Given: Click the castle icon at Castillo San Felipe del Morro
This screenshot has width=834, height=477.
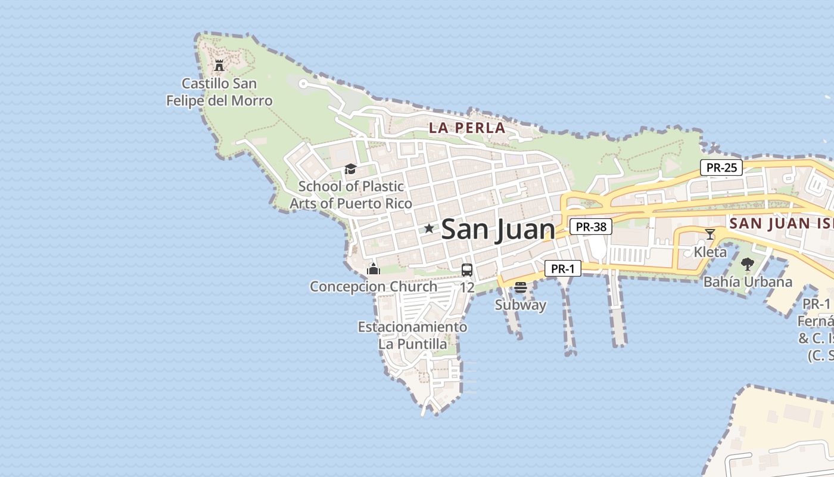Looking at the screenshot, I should (x=219, y=65).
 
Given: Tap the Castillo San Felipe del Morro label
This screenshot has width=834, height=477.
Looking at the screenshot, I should (x=219, y=92).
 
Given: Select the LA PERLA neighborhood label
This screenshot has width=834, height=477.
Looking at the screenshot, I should (x=467, y=128).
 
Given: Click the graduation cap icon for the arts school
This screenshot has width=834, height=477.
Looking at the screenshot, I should (x=350, y=169).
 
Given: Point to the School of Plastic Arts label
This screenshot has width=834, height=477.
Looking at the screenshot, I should (x=351, y=195).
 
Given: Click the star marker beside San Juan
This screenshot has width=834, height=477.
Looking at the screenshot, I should (x=429, y=228).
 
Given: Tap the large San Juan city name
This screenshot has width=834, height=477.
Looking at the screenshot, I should (x=498, y=230).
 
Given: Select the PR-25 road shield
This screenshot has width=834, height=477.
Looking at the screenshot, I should (x=721, y=168).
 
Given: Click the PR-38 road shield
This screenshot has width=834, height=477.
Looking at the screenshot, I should (x=591, y=227).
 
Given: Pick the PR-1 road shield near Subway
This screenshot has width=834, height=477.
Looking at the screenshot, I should (x=562, y=269).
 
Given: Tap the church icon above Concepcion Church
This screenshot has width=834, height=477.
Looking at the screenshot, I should (x=374, y=269).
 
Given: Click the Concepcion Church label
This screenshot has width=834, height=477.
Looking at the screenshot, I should (x=374, y=287).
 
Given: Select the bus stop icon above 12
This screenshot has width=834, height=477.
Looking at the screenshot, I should (x=467, y=270).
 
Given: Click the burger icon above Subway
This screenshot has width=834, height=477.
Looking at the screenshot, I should (x=521, y=287).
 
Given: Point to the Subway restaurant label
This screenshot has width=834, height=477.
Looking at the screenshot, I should (x=521, y=305).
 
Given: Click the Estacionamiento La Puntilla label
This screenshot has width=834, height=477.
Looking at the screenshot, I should (x=412, y=336).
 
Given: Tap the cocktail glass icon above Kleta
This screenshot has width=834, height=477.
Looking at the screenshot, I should (x=709, y=234).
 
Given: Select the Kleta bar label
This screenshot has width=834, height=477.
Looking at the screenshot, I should (x=710, y=252).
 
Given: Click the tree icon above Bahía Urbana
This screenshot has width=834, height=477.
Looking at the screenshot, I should (x=748, y=264).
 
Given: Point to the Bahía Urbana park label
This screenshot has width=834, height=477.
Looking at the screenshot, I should (x=748, y=282).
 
